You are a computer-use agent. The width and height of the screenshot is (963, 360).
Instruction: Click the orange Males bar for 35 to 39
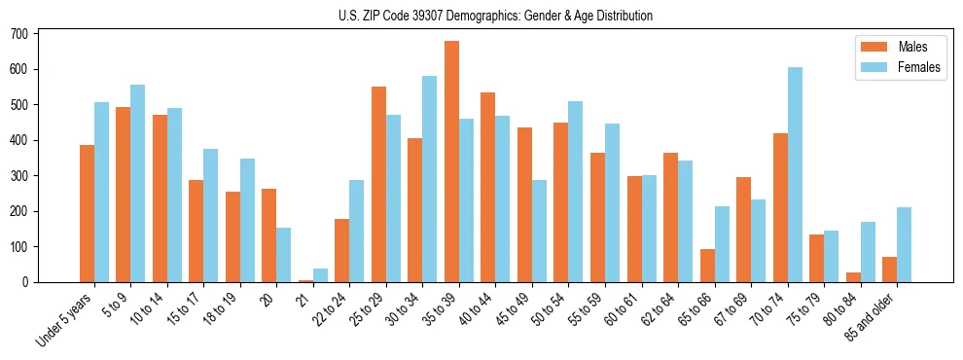pyautogui.click(x=451, y=162)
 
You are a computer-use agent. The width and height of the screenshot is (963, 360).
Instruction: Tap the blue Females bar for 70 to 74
pyautogui.click(x=795, y=175)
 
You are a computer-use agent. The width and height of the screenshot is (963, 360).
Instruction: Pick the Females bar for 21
pyautogui.click(x=320, y=275)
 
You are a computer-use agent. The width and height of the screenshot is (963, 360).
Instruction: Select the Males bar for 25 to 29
pyautogui.click(x=378, y=185)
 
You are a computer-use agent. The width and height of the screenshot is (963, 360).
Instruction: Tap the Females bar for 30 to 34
pyautogui.click(x=429, y=179)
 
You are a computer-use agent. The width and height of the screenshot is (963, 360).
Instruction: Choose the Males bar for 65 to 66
pyautogui.click(x=707, y=266)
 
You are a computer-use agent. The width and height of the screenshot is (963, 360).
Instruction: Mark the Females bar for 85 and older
pyautogui.click(x=904, y=244)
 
